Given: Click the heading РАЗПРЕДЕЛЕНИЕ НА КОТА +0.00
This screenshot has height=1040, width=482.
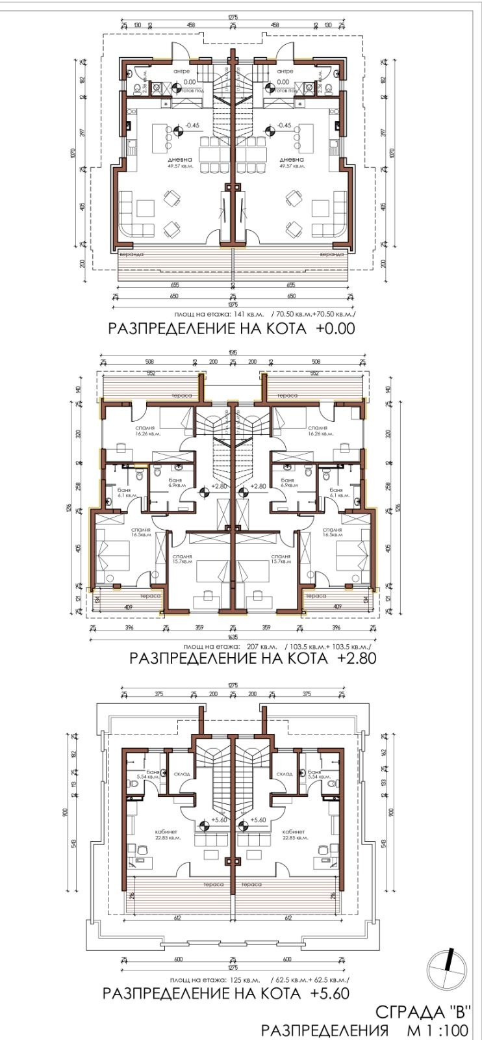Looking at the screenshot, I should coord(231,328).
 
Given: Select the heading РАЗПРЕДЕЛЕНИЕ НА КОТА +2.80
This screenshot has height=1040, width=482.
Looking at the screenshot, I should coord(253,658).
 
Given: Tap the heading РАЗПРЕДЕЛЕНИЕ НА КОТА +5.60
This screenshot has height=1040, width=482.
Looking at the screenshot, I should coord(226,994).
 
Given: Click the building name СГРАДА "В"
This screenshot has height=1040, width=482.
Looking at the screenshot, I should coord(422,1012).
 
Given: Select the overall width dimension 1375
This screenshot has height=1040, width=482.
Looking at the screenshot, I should coord(233,304).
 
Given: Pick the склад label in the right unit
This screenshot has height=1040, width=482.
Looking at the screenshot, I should coord(285,774).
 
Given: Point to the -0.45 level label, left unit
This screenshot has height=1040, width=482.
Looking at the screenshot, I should coord(192,125).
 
